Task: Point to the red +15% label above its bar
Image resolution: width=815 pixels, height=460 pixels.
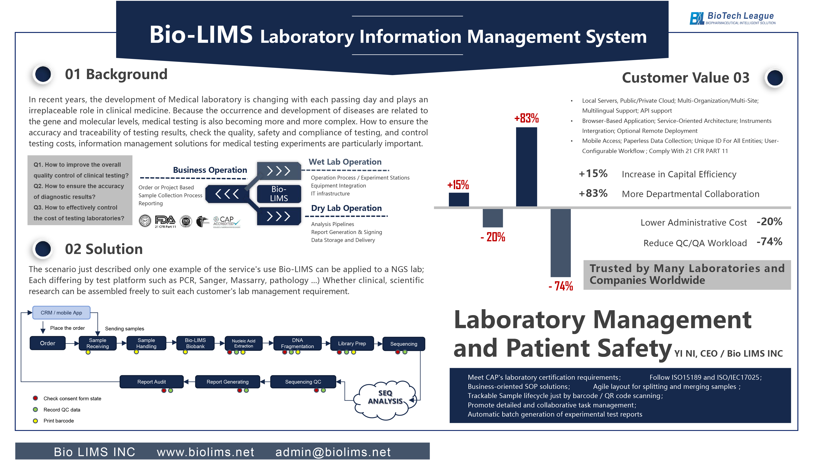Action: point(458,185)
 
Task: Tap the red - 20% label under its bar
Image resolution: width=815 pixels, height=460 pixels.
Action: point(493,237)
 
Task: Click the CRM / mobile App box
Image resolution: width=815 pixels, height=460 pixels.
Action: point(61,313)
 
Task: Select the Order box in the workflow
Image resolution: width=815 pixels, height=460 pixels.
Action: point(47,343)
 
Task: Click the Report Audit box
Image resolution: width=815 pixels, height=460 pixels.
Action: point(152,382)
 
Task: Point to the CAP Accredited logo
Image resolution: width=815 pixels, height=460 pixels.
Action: point(227,222)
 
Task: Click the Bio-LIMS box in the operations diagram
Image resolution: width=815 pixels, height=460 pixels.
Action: point(279,194)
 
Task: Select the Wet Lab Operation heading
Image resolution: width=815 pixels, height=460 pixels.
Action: point(345,162)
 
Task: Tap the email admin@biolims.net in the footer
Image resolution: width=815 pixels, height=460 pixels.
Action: point(333,452)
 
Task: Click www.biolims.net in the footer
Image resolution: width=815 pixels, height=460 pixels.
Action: point(205,452)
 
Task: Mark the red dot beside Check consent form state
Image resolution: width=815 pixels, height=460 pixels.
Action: point(35,398)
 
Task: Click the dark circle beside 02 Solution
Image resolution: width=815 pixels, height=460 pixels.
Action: point(43,249)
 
